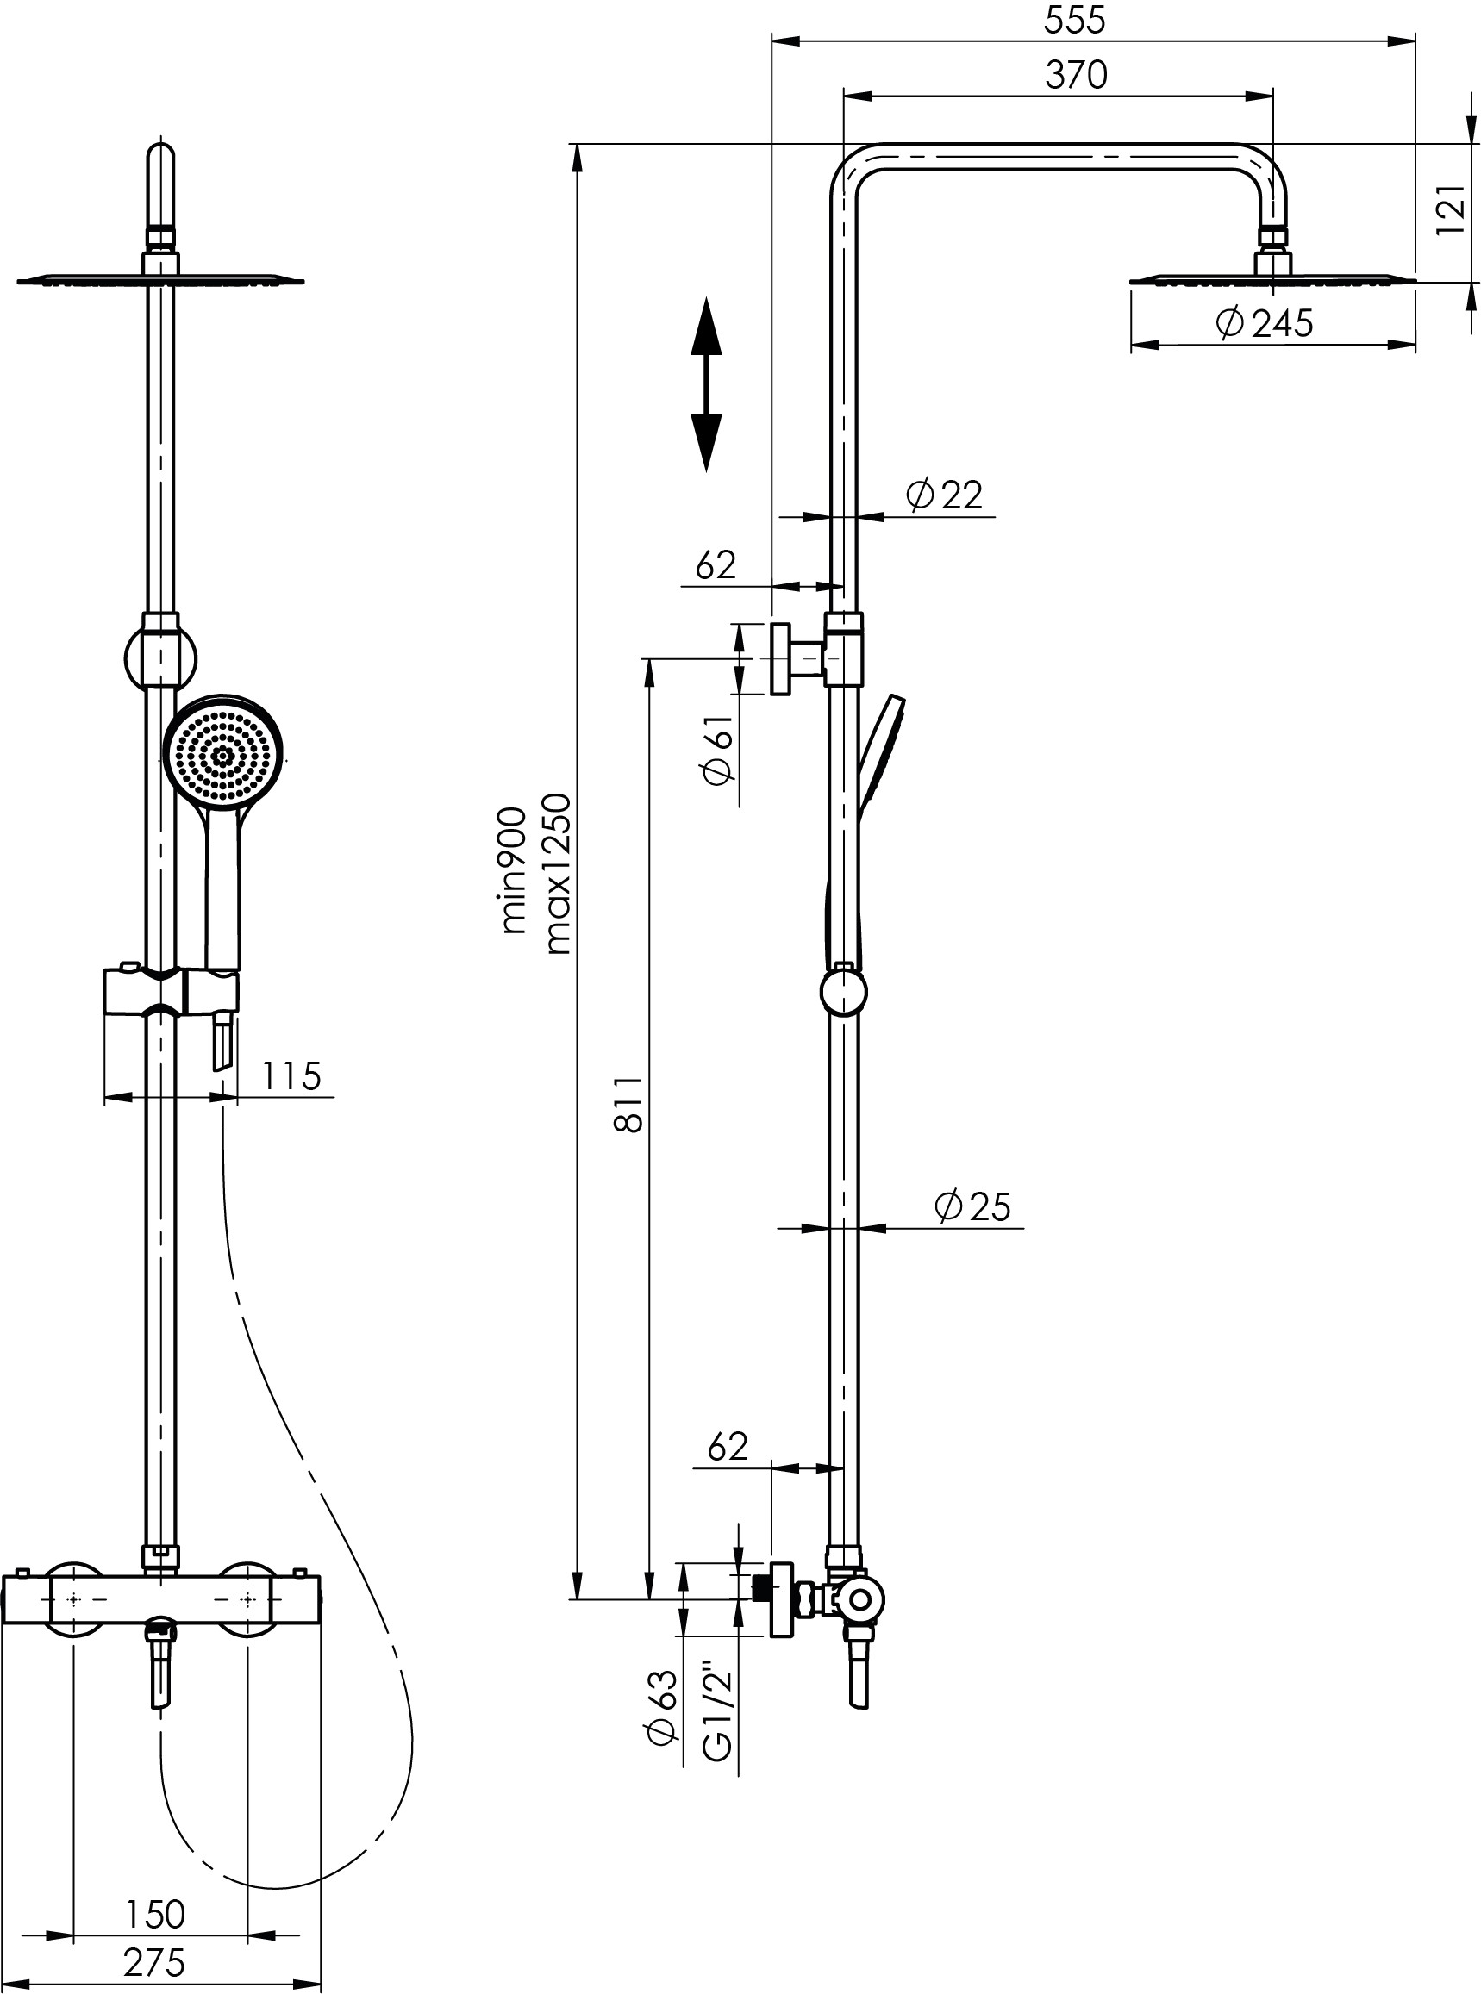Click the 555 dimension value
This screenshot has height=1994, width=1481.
point(1076,21)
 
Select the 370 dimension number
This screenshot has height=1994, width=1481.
point(1076,75)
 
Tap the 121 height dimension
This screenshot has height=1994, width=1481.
point(1451,211)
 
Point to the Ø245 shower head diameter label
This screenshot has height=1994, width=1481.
point(1264,322)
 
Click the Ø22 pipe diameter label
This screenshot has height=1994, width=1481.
point(944,494)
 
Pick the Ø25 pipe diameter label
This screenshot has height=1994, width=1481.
point(972,1206)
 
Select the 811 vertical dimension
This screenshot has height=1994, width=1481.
point(629,1105)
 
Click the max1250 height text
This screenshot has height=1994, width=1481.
point(558,874)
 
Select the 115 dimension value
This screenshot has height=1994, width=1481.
point(292,1075)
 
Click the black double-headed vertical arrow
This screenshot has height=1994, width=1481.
point(706,384)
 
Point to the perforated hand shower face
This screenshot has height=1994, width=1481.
point(223,752)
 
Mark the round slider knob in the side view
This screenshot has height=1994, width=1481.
point(844,990)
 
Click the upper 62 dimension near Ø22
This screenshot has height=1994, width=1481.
point(716,564)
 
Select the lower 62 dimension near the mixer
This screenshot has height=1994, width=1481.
point(727,1447)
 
